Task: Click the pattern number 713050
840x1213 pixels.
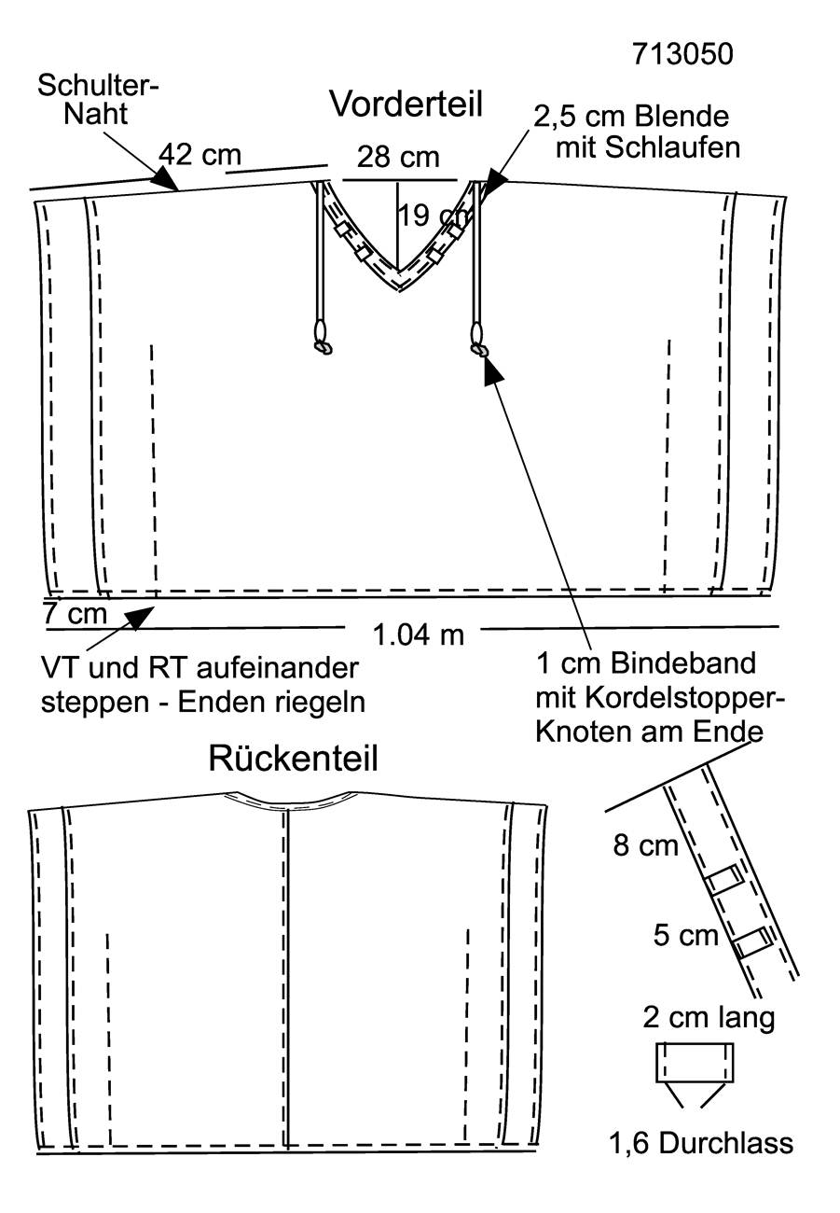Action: [x=682, y=54]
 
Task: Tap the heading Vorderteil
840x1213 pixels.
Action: [x=406, y=104]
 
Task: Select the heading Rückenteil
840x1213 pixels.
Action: [x=293, y=759]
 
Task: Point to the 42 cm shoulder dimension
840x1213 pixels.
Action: [x=200, y=154]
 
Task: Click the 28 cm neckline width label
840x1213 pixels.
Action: [x=398, y=157]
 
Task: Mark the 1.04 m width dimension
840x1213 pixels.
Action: [x=419, y=634]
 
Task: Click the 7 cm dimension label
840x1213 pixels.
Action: [x=75, y=614]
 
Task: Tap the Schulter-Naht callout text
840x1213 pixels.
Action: [x=98, y=100]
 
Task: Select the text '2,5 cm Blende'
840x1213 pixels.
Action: [x=631, y=117]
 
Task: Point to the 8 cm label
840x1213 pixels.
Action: [x=645, y=844]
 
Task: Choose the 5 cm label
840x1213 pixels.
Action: [x=686, y=935]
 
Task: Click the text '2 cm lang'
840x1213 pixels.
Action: [x=709, y=1019]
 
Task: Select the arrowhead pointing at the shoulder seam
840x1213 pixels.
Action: [x=166, y=178]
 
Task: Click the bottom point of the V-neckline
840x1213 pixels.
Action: [x=399, y=290]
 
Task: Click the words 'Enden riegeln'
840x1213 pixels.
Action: [x=271, y=703]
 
